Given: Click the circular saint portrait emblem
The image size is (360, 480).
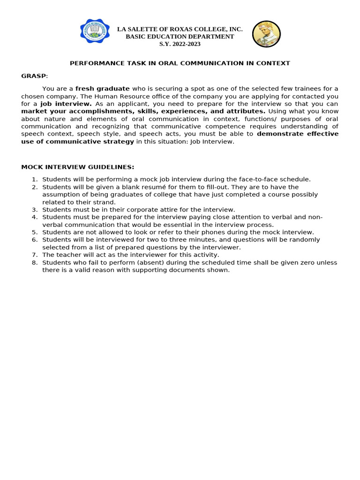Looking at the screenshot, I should point(266,34).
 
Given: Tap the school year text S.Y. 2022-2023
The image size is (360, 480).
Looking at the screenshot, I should point(180,44).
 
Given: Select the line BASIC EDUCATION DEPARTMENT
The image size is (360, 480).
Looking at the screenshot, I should point(180,37).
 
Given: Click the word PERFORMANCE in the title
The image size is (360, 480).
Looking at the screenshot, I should point(92,63).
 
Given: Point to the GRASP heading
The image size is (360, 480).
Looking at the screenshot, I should point(34,76).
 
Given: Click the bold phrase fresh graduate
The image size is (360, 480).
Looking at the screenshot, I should point(103,89).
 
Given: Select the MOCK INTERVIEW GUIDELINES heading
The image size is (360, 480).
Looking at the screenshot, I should point(78,167).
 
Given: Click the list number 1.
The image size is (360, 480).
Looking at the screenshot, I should point(34,180).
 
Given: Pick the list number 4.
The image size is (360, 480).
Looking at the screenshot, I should point(34,217).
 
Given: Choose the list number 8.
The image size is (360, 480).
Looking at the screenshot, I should point(34,262).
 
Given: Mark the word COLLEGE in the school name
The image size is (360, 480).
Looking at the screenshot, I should point(204,29).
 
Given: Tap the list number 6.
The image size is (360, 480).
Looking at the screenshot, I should point(34,240).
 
